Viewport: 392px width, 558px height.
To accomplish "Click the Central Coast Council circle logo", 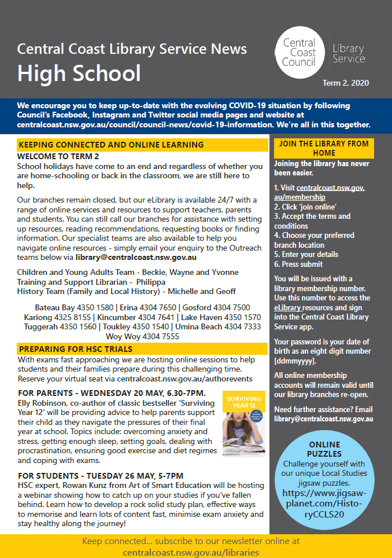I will tap(299, 52).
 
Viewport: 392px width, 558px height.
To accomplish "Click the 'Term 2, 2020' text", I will tap(346, 83).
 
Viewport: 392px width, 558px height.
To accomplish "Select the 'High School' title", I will tap(79, 73).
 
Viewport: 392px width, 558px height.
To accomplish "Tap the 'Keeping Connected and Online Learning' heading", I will tap(111, 145).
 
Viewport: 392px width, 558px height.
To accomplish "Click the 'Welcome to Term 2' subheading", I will tap(58, 156).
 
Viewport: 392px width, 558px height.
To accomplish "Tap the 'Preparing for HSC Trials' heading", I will tap(76, 349).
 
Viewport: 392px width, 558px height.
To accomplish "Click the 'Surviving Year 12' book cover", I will tap(243, 424).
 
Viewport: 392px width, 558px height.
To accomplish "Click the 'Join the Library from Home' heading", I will tap(324, 149).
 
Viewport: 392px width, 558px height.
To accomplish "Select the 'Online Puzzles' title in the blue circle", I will tap(324, 449).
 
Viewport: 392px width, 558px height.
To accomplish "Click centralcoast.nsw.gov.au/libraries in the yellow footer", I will tap(191, 552).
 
